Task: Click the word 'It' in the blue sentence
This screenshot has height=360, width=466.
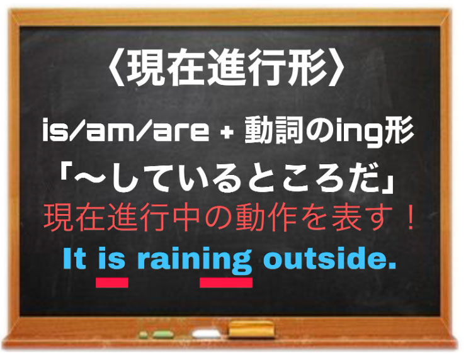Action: click(x=75, y=260)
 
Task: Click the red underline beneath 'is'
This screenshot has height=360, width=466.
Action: click(x=111, y=283)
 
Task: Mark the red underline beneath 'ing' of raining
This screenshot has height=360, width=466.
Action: click(x=226, y=283)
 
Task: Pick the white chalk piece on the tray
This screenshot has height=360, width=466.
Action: click(x=203, y=332)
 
